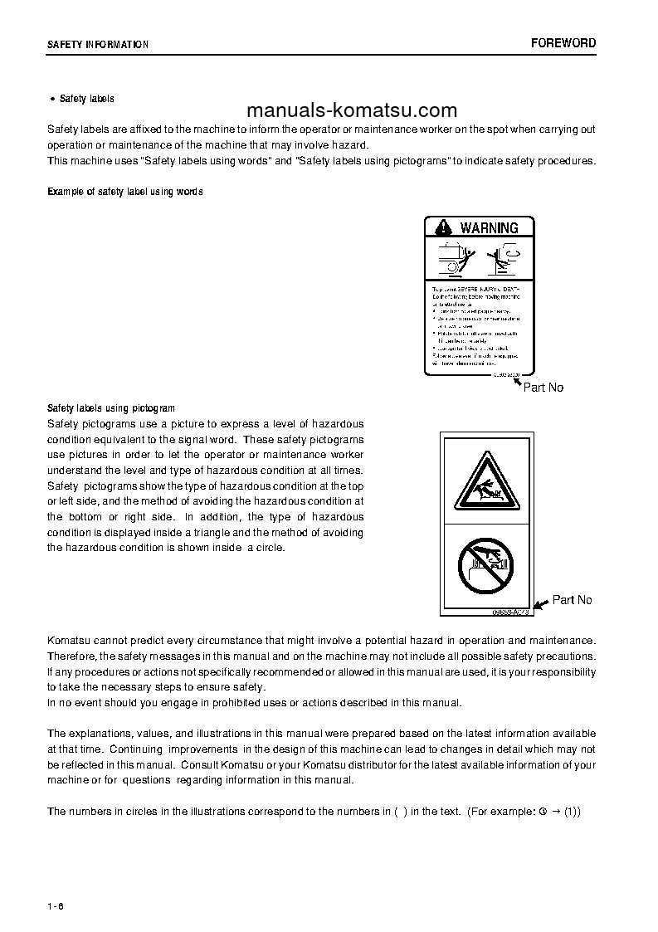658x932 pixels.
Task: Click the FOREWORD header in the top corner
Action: click(563, 43)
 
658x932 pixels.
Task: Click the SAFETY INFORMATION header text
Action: click(98, 45)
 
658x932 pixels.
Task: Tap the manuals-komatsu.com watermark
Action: click(352, 110)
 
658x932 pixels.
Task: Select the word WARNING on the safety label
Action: click(489, 227)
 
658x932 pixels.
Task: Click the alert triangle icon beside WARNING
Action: click(443, 227)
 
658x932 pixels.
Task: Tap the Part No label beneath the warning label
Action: click(543, 388)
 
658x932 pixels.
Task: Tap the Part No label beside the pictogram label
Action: click(573, 600)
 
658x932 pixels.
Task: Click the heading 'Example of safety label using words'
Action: click(125, 192)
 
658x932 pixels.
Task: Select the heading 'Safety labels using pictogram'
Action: click(111, 408)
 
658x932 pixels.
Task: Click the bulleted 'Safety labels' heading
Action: click(87, 99)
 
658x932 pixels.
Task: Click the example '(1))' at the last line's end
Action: click(572, 811)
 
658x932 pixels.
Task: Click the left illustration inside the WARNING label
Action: click(454, 258)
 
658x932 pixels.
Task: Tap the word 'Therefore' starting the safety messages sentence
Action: click(72, 656)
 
